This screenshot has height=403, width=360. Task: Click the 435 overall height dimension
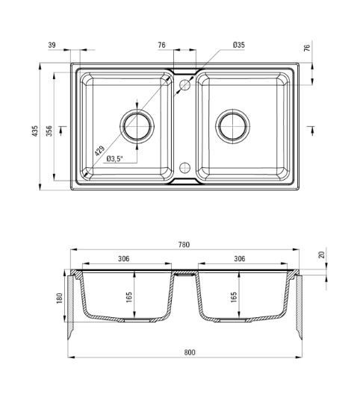click(35, 131)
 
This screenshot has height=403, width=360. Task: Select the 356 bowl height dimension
click(49, 131)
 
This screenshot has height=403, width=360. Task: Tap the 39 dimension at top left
click(52, 45)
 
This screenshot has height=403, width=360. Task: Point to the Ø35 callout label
click(238, 45)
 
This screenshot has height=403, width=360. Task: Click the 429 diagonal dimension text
click(99, 151)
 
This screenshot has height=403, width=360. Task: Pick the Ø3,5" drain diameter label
click(115, 158)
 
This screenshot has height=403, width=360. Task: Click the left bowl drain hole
click(137, 126)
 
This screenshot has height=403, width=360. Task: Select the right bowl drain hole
click(233, 126)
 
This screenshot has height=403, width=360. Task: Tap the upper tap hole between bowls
click(184, 84)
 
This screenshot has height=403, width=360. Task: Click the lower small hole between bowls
click(184, 168)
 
